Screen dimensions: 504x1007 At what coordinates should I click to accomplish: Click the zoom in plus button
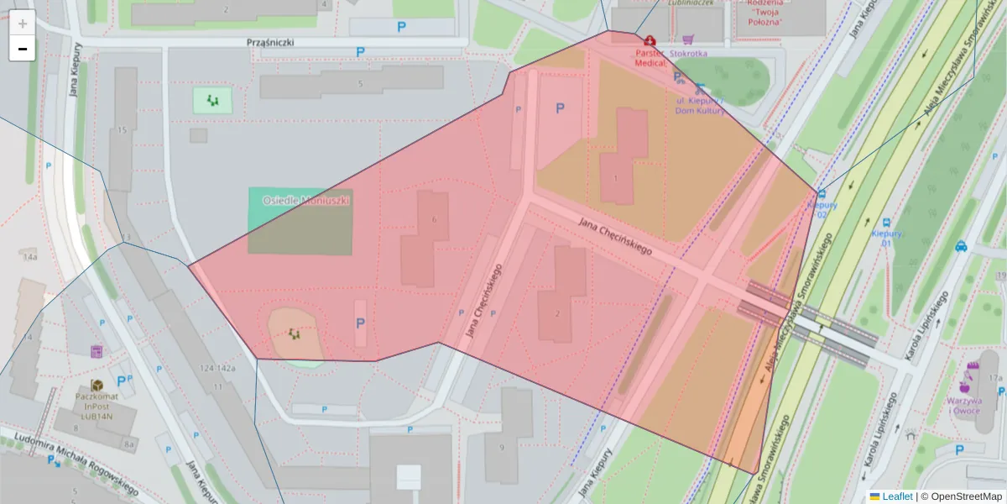point(22,24)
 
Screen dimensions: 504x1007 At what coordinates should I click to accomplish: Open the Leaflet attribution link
point(896,496)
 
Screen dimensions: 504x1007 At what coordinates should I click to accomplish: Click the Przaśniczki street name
point(270,42)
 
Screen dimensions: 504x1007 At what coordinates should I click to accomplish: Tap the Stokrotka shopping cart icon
point(688,39)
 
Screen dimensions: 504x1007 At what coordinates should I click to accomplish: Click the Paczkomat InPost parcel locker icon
point(97,385)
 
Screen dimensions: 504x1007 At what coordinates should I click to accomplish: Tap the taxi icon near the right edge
point(961,247)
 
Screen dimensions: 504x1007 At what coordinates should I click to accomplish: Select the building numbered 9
point(502,447)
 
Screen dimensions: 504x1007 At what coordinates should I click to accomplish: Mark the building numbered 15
point(123,130)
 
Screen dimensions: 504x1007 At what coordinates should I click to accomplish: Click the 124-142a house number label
point(217,368)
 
